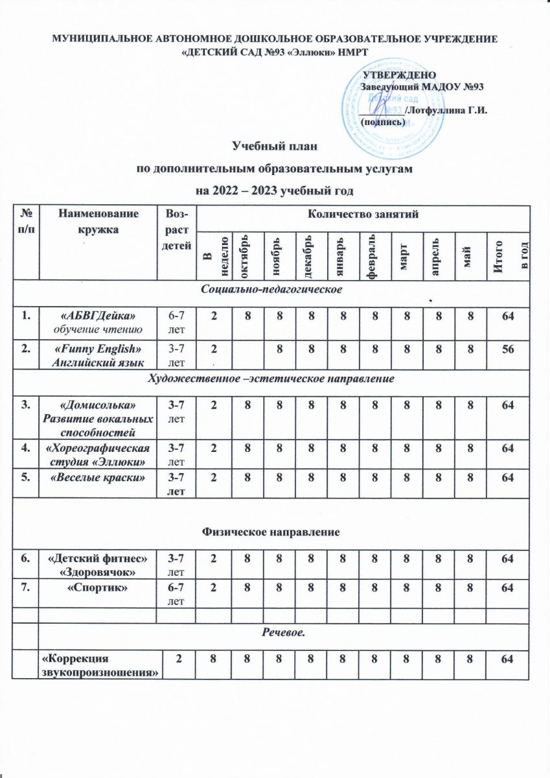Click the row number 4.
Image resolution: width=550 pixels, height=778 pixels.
[27, 447]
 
